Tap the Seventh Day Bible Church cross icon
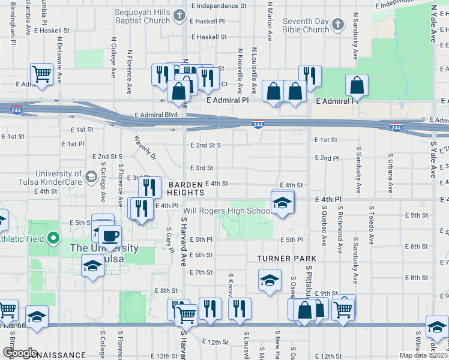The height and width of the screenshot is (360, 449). coord(337,25)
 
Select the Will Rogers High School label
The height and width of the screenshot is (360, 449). coord(227,211)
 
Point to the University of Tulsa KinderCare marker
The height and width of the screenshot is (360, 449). coord(91,176)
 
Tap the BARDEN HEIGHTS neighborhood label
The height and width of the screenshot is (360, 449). coord(186,188)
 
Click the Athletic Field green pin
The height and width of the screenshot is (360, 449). coord(53,239)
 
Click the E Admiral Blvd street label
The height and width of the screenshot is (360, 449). coord(157,114)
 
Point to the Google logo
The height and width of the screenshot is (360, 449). coord(19,353)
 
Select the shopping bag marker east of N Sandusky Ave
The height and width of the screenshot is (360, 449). coord(357,86)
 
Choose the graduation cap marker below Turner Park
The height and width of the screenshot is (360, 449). coord(270,281)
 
